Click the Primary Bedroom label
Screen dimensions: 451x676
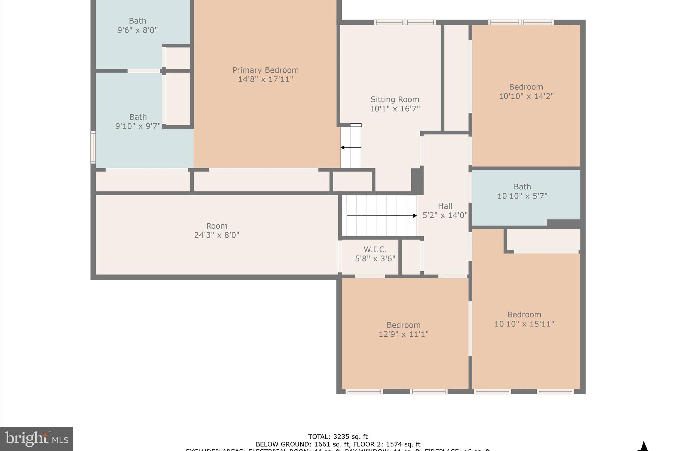[x=265, y=70]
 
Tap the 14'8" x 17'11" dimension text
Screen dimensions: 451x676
[x=265, y=79]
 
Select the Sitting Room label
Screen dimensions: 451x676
[x=394, y=99]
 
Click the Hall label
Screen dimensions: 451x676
[x=445, y=206]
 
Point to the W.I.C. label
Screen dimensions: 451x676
[x=375, y=249]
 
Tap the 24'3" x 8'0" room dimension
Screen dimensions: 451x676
[x=217, y=235]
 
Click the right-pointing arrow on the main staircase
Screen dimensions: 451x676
[x=415, y=216]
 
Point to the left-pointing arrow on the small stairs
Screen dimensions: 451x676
[x=343, y=147]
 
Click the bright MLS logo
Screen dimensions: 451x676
[x=37, y=439]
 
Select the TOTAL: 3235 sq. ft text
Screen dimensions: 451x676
[x=338, y=437]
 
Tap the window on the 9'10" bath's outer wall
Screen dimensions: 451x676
[x=93, y=147]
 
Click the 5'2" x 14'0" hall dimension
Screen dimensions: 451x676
[x=445, y=215]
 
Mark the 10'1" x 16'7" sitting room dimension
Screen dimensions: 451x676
[x=394, y=109]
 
